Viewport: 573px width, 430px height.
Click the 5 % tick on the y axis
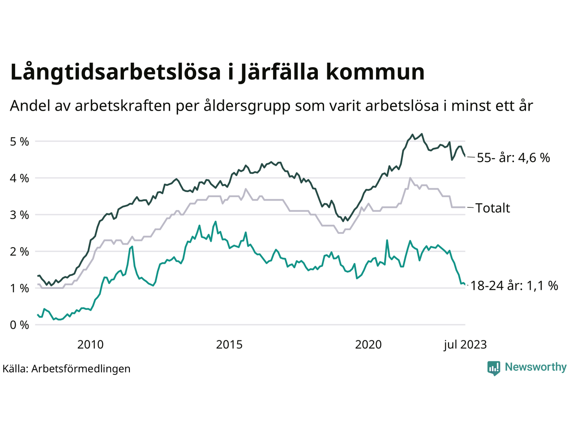[x=19, y=142]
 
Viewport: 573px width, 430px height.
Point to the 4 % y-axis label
[x=19, y=178]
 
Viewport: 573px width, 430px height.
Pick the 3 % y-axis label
[x=19, y=215]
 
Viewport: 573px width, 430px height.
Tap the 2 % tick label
[x=19, y=252]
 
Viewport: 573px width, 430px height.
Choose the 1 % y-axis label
[x=19, y=288]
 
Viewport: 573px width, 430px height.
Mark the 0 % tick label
[x=19, y=325]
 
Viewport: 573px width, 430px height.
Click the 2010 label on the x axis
[x=90, y=344]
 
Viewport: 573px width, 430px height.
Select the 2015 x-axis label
[x=229, y=344]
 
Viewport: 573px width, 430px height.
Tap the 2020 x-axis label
[x=368, y=344]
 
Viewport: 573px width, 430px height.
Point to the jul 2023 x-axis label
[x=465, y=344]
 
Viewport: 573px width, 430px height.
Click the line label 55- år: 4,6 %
[x=513, y=158]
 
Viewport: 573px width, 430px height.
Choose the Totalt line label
[x=493, y=208]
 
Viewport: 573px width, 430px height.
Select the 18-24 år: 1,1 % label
[x=514, y=286]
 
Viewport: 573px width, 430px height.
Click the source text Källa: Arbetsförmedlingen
[x=67, y=369]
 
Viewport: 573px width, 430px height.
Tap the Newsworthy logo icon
[x=494, y=368]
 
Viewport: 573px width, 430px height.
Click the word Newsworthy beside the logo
[x=535, y=367]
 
